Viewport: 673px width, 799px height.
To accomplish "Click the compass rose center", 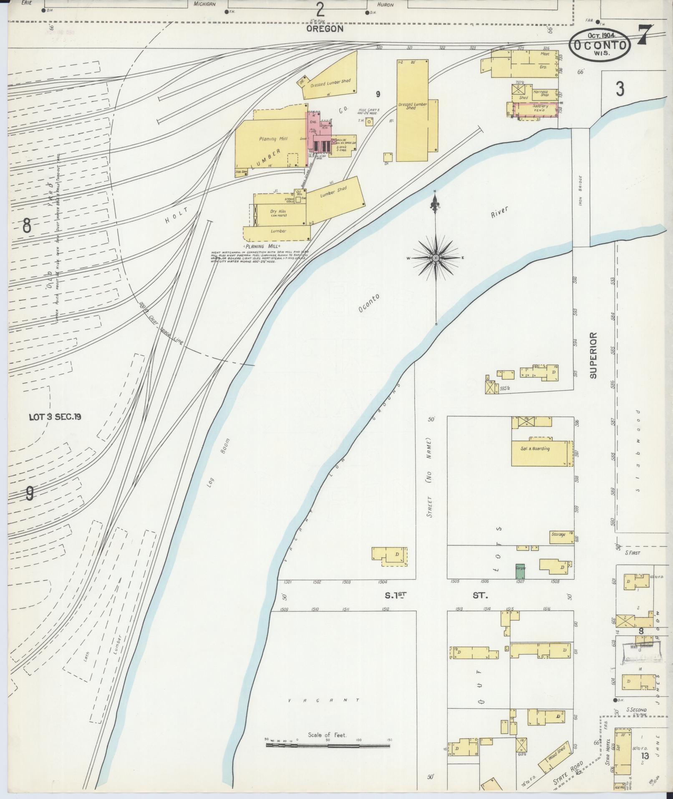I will (x=436, y=259).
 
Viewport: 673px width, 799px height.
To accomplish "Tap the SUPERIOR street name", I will (x=593, y=355).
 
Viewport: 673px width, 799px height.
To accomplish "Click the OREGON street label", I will (x=325, y=28).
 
